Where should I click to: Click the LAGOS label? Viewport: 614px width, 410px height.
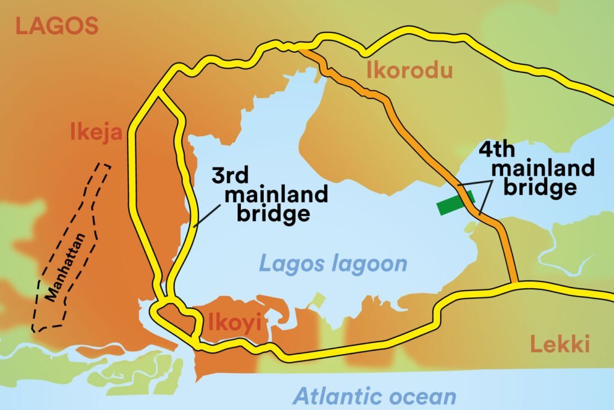(x=56, y=26)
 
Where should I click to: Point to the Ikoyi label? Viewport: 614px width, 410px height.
(x=234, y=323)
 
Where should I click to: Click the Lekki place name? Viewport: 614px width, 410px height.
(x=560, y=345)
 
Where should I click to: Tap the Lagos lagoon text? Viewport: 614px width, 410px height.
(x=333, y=263)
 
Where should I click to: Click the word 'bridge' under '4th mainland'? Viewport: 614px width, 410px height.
(x=540, y=187)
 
